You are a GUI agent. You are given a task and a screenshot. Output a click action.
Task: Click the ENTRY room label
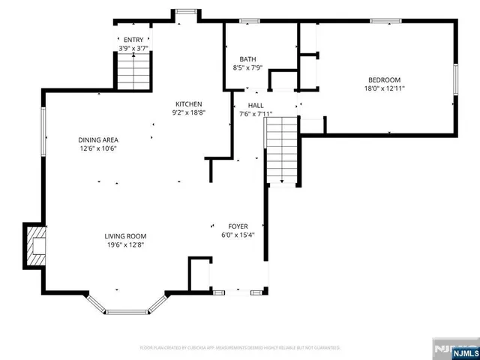tap(133, 40)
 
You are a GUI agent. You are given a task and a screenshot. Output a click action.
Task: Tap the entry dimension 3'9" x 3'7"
tap(133, 48)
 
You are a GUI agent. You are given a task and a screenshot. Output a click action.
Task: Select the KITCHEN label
tap(189, 104)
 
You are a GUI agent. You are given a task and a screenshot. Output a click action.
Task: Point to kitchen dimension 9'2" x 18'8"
tap(189, 113)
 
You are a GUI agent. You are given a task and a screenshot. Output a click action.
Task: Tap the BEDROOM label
tap(383, 80)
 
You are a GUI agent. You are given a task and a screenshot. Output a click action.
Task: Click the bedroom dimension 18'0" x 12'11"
tap(383, 89)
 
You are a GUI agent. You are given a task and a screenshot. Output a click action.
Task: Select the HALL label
tap(256, 106)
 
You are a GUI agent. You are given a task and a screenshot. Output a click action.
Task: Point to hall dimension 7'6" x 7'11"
tap(256, 115)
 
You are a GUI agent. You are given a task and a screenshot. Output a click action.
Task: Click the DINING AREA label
tap(98, 139)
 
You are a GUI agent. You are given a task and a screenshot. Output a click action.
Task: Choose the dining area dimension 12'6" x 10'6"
tap(98, 148)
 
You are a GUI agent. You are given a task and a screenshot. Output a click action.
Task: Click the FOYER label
tap(238, 226)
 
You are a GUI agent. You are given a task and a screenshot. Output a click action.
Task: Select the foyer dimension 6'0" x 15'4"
tap(238, 235)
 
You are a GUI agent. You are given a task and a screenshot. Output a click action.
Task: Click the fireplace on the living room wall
tap(35, 246)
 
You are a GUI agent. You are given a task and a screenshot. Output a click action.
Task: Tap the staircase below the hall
tap(282, 150)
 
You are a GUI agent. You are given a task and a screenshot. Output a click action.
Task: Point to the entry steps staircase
tap(132, 74)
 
